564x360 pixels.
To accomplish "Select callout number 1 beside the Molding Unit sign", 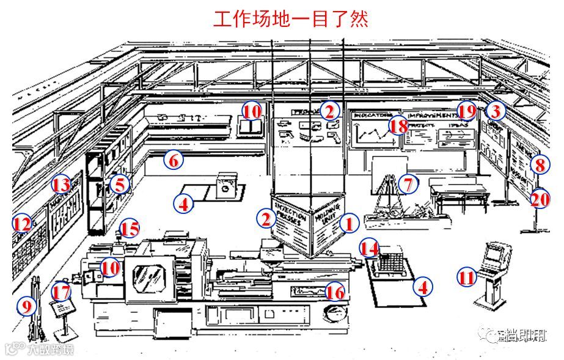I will (x=348, y=224).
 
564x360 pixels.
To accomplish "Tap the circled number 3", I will (x=496, y=111).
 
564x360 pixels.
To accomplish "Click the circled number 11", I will (x=467, y=278).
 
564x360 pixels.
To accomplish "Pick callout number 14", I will (x=369, y=248).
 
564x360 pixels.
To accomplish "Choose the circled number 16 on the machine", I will (x=335, y=292).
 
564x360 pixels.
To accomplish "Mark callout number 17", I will (x=61, y=291).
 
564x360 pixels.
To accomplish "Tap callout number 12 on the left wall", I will (x=22, y=224).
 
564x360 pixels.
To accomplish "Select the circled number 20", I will (x=540, y=199).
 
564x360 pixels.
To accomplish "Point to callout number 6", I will (x=174, y=161).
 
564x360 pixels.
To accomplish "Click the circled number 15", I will (x=129, y=229).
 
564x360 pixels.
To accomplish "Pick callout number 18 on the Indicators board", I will (x=398, y=126).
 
